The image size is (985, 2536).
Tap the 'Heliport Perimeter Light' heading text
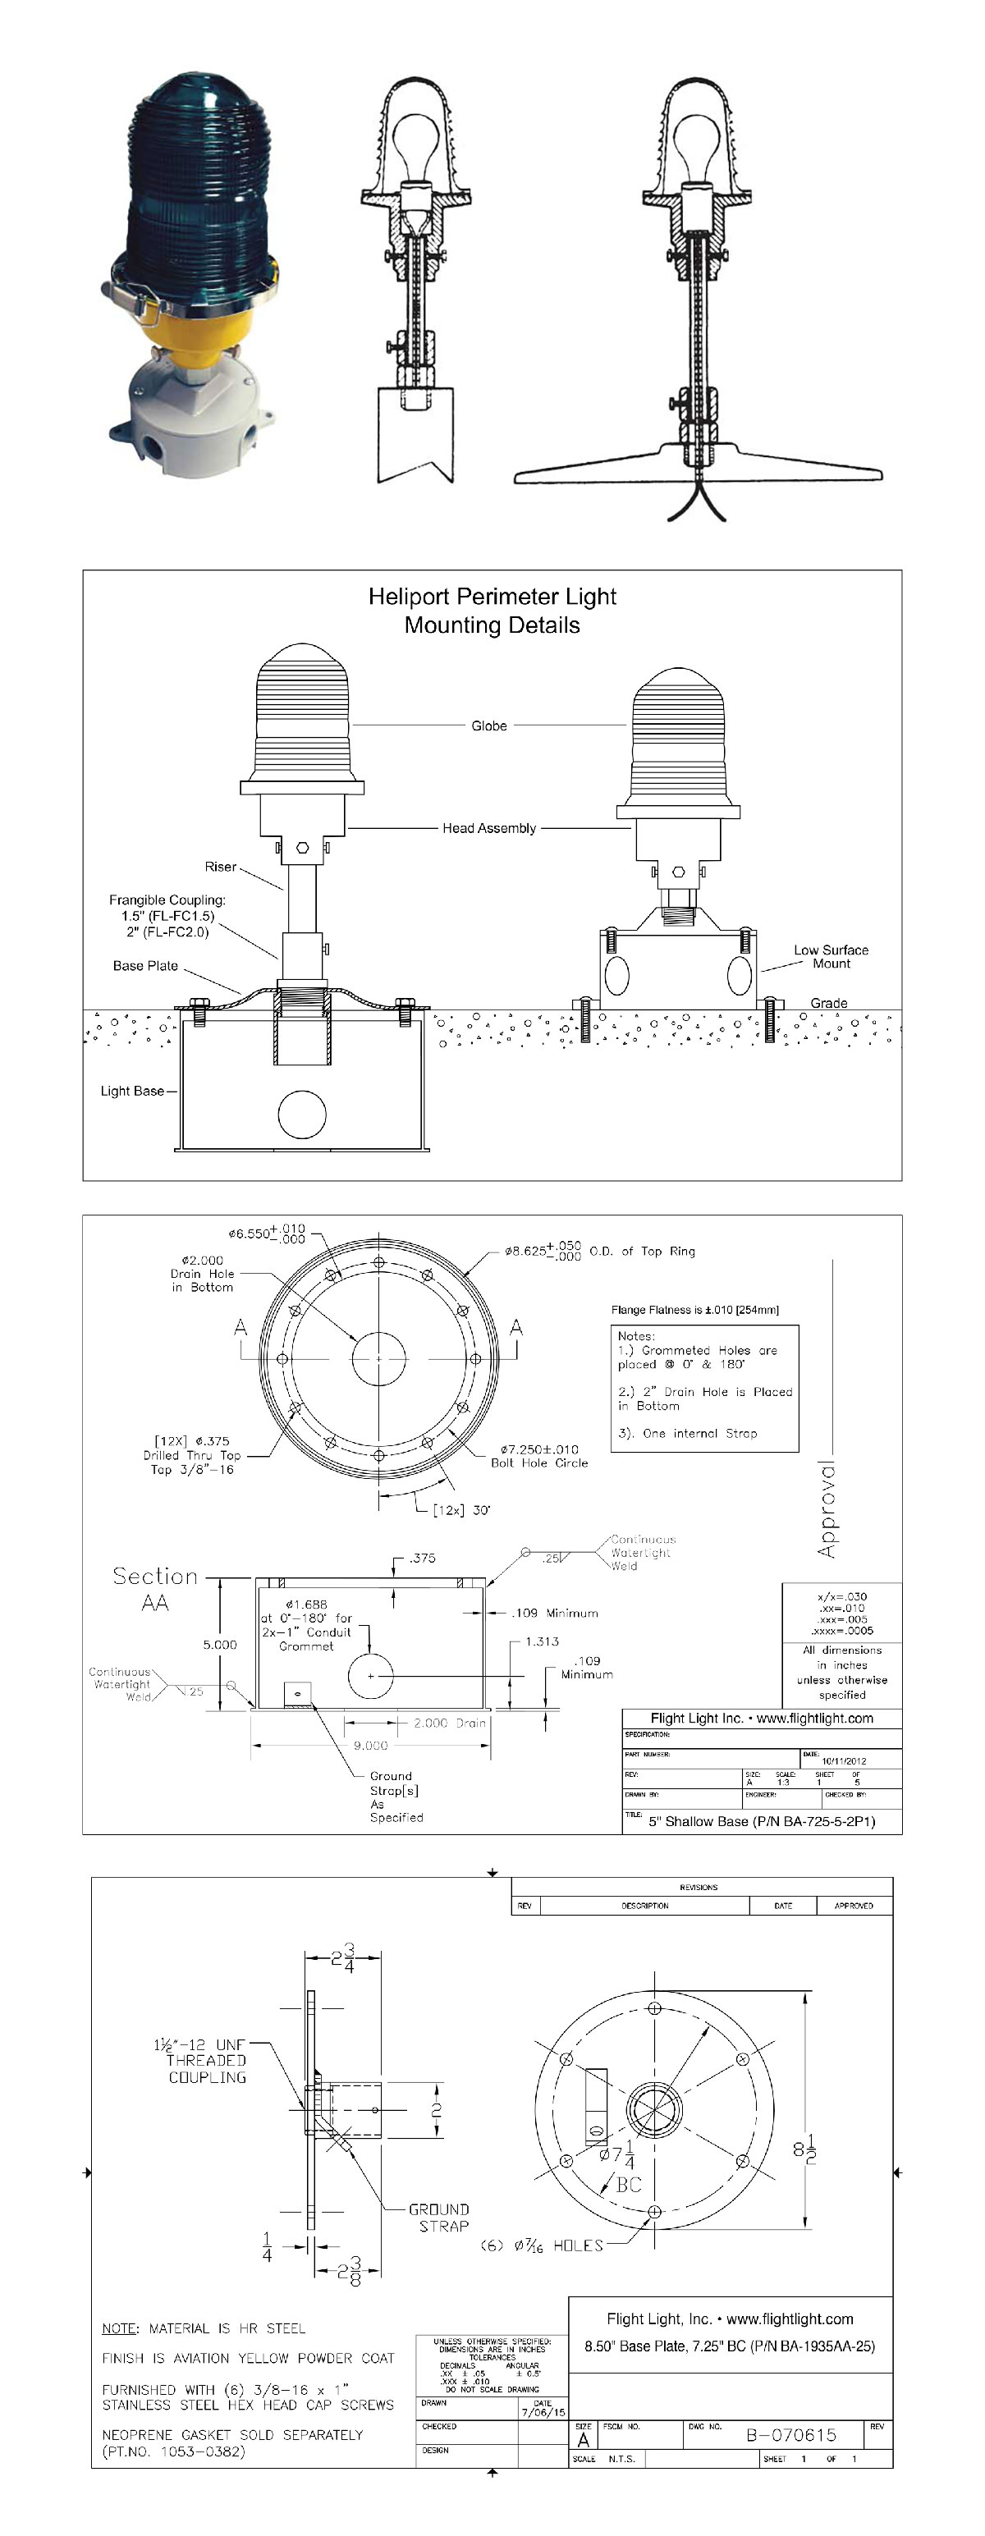[x=492, y=597]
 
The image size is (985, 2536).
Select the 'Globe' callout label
[x=488, y=726]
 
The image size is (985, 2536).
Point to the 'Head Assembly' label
[x=488, y=828]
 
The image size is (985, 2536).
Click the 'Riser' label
[x=220, y=867]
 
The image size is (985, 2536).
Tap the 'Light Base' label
[x=132, y=1091]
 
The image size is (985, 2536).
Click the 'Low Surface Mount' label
[x=832, y=957]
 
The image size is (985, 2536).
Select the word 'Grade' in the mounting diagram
[x=828, y=1003]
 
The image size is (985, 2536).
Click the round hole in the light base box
[x=302, y=1115]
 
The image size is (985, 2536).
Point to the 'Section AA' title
[x=154, y=1589]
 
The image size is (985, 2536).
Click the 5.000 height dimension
[x=220, y=1644]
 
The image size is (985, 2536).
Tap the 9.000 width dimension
[x=370, y=1746]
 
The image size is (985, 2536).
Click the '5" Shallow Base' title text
[x=760, y=1821]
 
